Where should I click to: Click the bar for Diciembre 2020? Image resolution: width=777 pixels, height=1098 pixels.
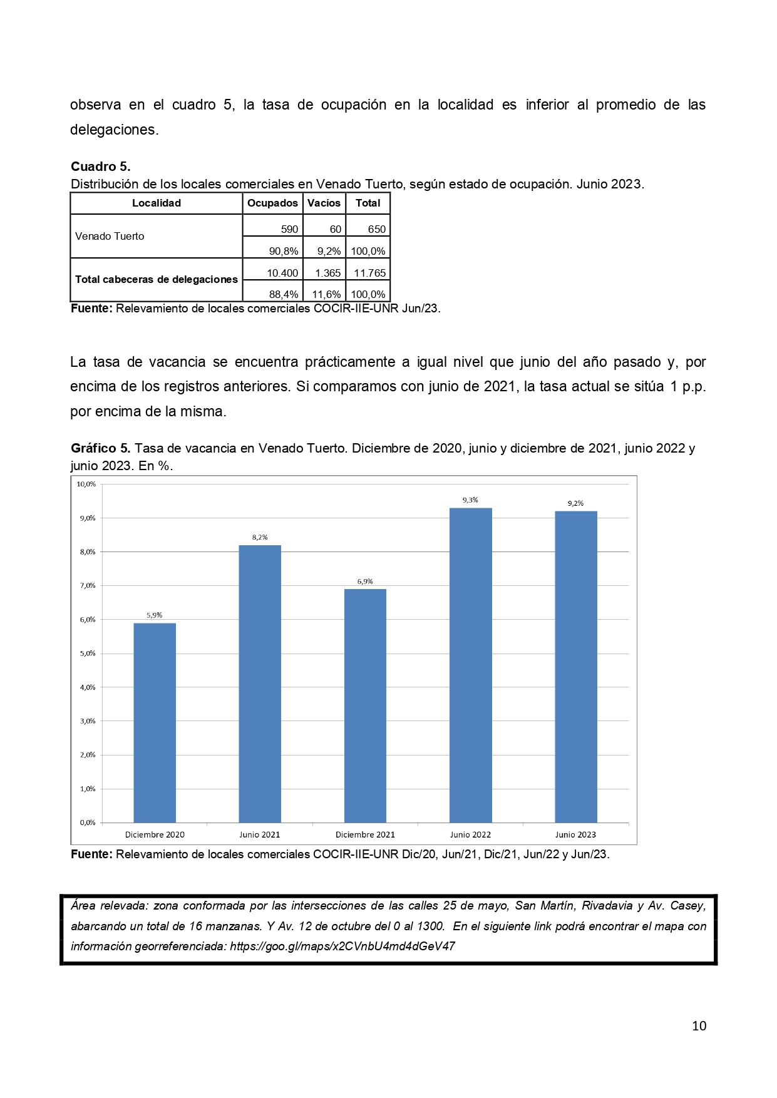(155, 722)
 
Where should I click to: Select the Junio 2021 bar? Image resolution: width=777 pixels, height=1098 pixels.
(260, 684)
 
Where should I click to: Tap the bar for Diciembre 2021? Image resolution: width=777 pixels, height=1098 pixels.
(365, 705)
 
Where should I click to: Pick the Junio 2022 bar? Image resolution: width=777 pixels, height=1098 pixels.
(471, 665)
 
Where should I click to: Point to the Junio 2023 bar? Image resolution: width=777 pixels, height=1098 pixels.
(576, 667)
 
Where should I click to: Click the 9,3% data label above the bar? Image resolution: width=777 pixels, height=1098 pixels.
(470, 500)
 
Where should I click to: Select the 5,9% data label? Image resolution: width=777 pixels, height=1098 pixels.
(155, 615)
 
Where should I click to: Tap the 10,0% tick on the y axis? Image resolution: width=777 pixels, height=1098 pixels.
(86, 484)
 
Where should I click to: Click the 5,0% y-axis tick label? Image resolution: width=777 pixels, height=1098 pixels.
(87, 654)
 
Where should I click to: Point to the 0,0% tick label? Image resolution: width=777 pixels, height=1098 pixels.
(87, 823)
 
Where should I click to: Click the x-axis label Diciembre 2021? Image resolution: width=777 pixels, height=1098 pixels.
(365, 834)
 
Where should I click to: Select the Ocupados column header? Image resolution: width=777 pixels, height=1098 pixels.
(272, 203)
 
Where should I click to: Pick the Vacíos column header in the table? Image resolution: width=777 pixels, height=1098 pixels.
(324, 203)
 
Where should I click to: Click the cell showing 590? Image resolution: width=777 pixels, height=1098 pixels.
(289, 229)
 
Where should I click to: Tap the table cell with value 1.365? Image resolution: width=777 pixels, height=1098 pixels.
(327, 273)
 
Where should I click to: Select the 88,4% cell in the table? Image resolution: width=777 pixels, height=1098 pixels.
(283, 294)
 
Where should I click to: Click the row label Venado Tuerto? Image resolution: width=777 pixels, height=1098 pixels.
(110, 236)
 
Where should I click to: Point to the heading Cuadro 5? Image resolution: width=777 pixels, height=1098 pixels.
(100, 167)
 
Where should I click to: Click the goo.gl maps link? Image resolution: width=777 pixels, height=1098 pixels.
(342, 946)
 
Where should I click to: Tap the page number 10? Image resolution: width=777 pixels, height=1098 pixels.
(699, 1025)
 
